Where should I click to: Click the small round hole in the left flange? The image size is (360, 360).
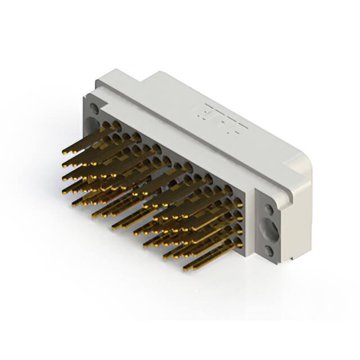(x=93, y=107)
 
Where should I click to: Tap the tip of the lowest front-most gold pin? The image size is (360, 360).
(x=186, y=268)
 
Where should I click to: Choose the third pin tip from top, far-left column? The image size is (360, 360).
(x=65, y=178)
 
